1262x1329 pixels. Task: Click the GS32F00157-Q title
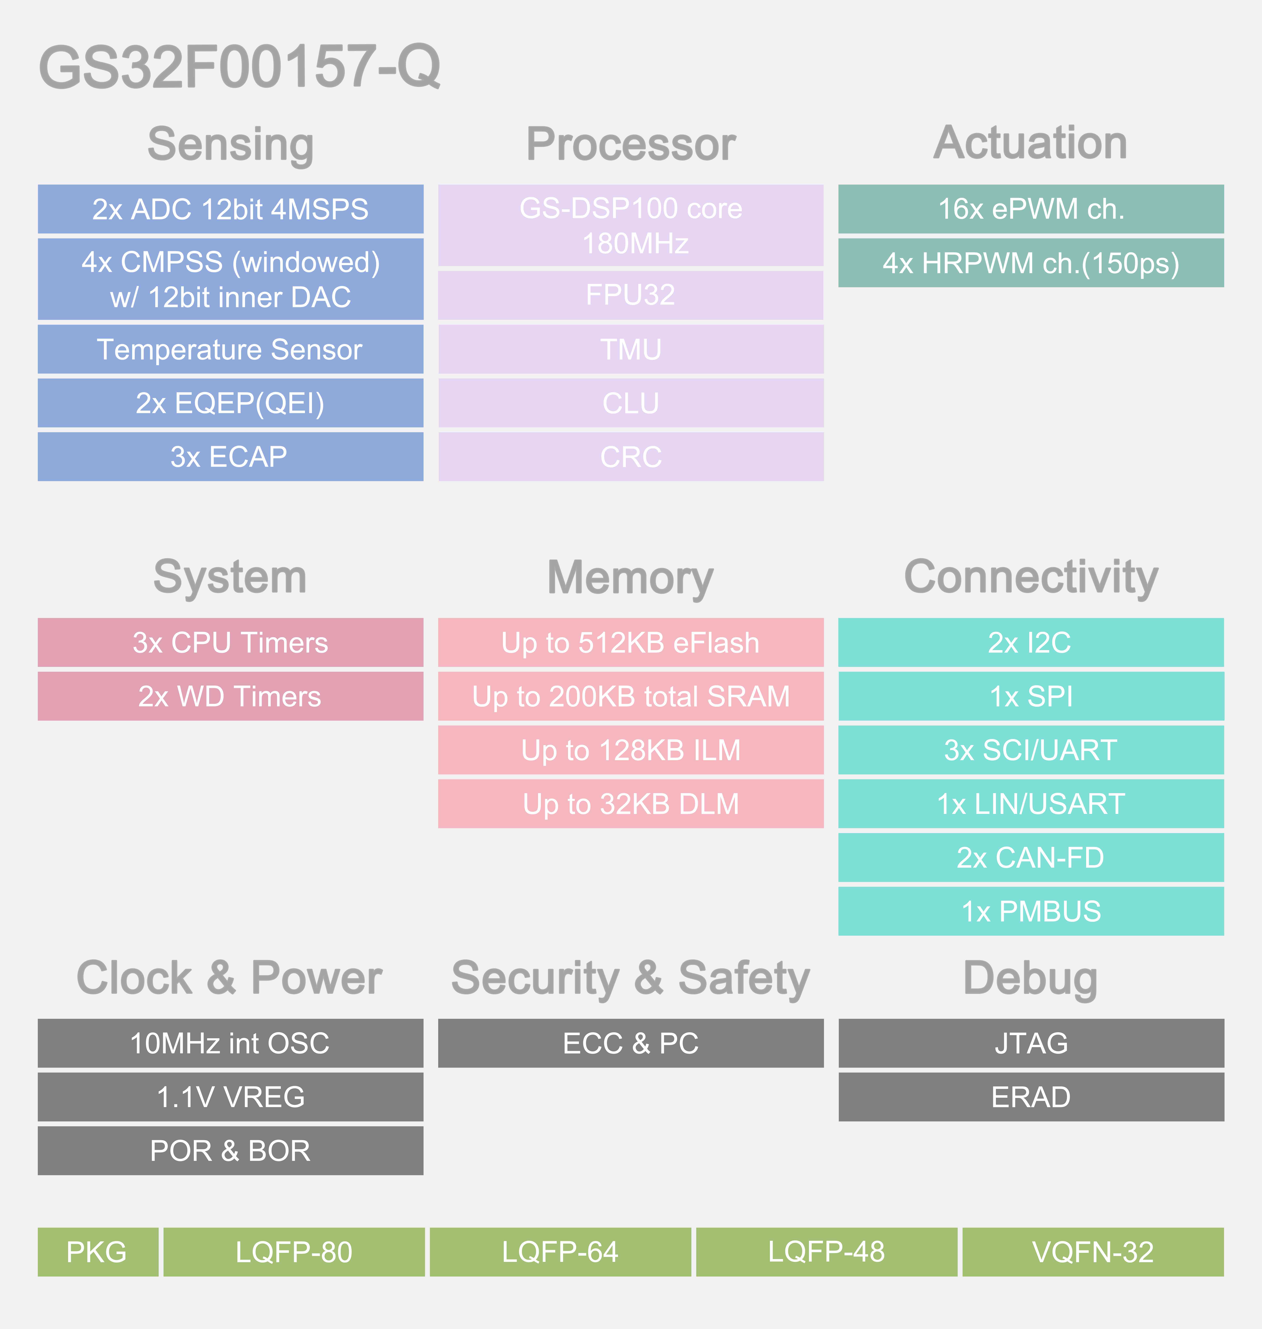[239, 67]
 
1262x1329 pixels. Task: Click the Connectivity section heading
[1031, 577]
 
